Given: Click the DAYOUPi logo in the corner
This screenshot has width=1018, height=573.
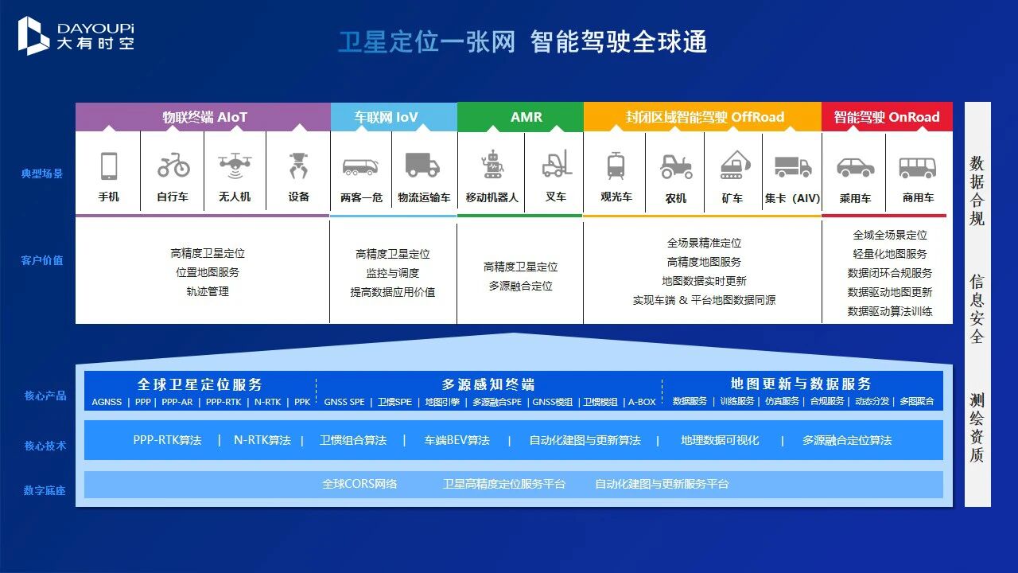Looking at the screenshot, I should point(76,35).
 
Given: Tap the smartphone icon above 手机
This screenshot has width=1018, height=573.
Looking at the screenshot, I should point(109,166).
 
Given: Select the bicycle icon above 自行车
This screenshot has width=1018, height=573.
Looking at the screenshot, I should point(173,166).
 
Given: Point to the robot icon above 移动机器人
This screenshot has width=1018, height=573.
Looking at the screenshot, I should point(492,165).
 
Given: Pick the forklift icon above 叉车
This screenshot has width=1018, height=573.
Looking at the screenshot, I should point(557,164).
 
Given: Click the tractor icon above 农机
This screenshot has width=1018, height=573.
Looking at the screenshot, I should point(676,166).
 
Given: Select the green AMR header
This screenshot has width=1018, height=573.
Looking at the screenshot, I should point(526,117).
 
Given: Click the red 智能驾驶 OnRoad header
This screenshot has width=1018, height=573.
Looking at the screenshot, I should point(886,117).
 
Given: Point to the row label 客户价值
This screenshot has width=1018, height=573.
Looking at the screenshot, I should point(42,260).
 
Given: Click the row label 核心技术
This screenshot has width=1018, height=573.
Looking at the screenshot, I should point(45,446).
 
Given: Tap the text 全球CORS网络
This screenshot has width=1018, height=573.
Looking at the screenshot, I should point(359,484).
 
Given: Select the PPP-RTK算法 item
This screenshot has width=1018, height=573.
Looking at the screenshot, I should point(167,440).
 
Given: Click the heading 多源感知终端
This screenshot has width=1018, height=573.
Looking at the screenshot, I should point(488,384).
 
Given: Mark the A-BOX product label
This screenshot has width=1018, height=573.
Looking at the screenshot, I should point(642,402).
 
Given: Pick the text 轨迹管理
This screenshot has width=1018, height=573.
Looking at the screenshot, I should point(208,291).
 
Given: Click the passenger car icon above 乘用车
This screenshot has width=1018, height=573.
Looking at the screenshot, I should point(855,167).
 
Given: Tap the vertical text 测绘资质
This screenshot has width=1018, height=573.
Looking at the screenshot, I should point(977,427).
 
